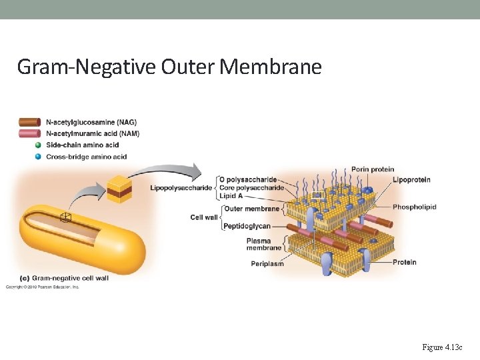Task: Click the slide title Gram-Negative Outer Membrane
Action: coord(169,67)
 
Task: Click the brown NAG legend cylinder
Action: coord(30,122)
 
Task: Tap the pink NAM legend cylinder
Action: coord(30,133)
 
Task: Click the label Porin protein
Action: coord(372,169)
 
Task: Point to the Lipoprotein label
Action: coord(411,180)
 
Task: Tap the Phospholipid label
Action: coord(414,207)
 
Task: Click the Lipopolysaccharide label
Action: coord(181,188)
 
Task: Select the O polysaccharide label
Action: coord(247,180)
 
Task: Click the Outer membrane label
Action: coord(251,209)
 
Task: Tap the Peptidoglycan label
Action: coord(247,226)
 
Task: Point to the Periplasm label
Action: coord(267,264)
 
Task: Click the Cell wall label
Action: coord(204,217)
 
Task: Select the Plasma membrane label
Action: coord(264,244)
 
